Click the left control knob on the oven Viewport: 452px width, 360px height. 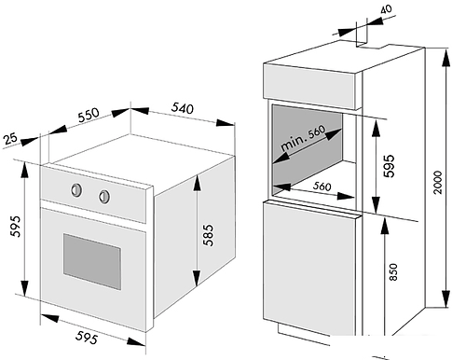click(76, 190)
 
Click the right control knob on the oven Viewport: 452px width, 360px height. click(104, 197)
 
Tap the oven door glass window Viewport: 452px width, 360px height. click(92, 262)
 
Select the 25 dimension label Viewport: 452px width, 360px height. click(11, 138)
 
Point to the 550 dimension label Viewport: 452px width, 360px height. click(89, 115)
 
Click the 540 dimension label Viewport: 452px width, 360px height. click(183, 108)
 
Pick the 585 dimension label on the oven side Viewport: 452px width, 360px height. click(209, 235)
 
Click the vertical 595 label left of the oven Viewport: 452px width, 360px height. click(15, 226)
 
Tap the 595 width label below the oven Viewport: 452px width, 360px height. click(87, 338)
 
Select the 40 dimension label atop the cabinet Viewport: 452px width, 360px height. click(386, 9)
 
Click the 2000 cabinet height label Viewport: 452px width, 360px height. click(437, 182)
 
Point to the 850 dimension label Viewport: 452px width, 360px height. click(393, 272)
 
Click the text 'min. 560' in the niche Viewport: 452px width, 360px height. click(303, 139)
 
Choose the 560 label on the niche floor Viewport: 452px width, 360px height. click(322, 186)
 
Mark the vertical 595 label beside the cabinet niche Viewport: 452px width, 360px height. click(389, 166)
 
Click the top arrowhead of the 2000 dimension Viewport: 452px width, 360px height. click(445, 57)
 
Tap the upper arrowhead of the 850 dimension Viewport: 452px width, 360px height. click(385, 226)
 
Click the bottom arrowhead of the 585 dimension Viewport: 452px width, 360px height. click(197, 278)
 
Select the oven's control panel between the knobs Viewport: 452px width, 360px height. click(90, 193)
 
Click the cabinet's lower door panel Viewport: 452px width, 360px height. click(309, 268)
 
